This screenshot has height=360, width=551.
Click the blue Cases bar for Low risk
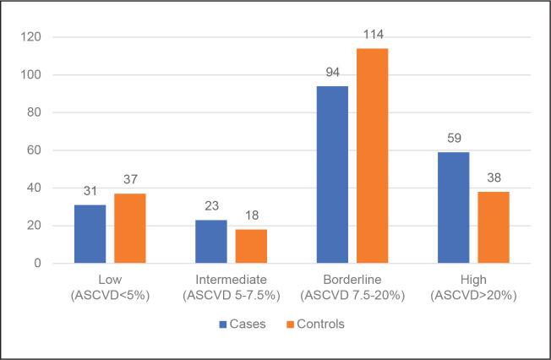(x=90, y=234)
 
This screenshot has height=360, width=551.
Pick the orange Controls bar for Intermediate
(x=251, y=246)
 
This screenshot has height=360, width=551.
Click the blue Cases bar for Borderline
(x=332, y=175)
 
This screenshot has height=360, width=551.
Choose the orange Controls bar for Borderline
(x=372, y=156)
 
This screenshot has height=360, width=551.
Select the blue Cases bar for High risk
(x=453, y=208)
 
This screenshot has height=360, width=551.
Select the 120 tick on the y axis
(x=31, y=37)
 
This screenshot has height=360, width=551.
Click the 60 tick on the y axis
(x=35, y=150)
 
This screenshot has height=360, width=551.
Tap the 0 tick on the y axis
(x=38, y=264)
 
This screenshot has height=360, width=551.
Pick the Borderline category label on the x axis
(x=352, y=280)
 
